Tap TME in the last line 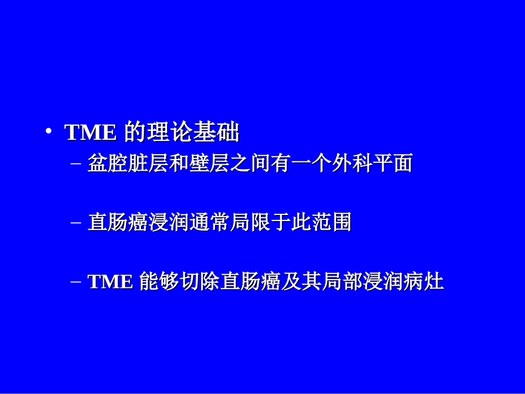[111, 282]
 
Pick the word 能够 [160, 282]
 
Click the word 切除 [200, 282]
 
